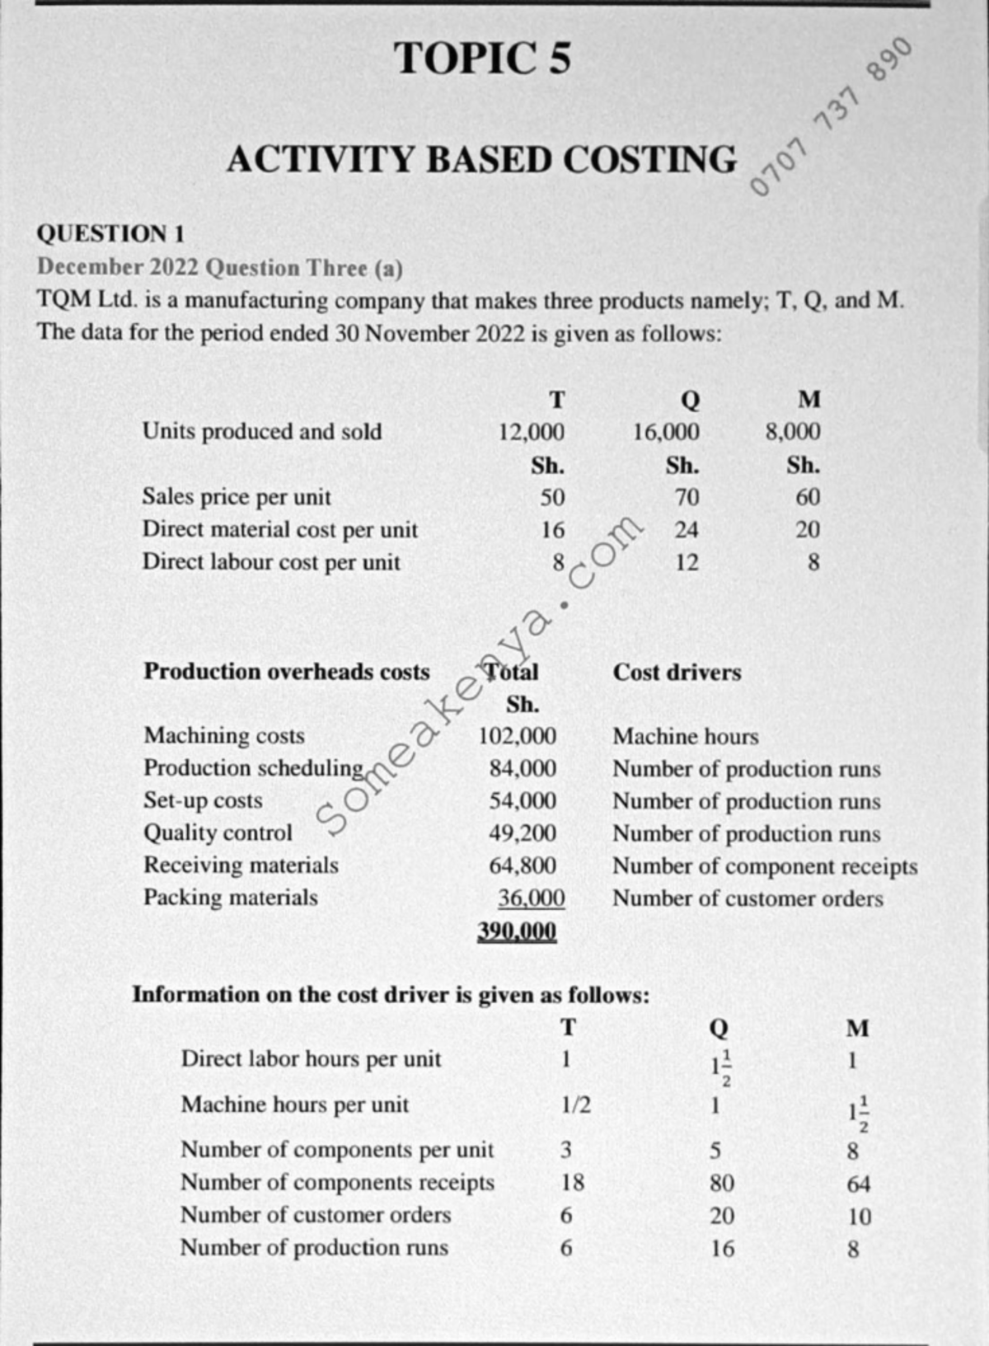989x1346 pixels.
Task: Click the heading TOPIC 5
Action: (x=482, y=59)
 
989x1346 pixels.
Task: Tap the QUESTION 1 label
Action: (x=110, y=233)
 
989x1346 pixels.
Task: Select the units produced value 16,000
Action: (x=666, y=432)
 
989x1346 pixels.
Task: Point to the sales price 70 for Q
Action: (x=686, y=497)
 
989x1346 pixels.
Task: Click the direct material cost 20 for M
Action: (x=807, y=529)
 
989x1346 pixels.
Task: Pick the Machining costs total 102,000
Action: (x=518, y=736)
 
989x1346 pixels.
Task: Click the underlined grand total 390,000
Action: (x=518, y=931)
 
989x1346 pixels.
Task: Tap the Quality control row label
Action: (x=218, y=832)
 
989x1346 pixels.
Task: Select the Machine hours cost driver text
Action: (x=685, y=736)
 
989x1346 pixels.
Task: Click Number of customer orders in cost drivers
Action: (x=747, y=898)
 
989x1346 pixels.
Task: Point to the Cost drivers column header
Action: (x=677, y=673)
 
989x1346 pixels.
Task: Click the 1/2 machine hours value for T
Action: (x=575, y=1104)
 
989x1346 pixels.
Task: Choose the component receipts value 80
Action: (x=722, y=1183)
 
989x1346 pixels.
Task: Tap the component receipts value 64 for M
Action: (x=858, y=1184)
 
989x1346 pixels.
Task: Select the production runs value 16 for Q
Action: (x=722, y=1248)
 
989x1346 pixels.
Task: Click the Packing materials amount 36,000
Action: (x=532, y=898)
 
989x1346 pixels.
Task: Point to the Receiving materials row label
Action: (x=241, y=865)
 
